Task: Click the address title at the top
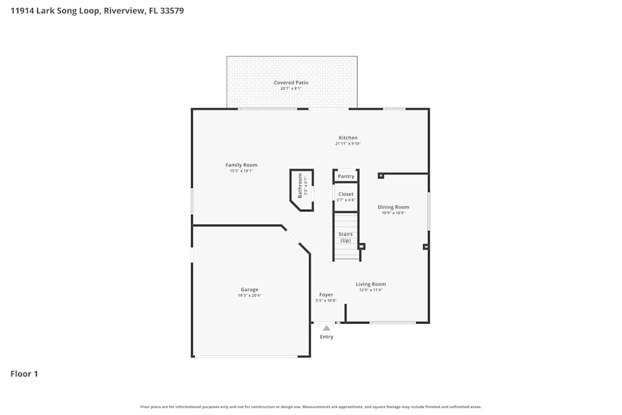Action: point(97,11)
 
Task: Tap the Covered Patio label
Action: point(291,83)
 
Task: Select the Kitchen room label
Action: point(348,138)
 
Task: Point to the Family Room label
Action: point(241,165)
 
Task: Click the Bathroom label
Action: point(300,186)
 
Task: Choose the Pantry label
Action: point(346,176)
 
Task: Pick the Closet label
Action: point(346,194)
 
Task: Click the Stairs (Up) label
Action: point(345,237)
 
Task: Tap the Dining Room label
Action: point(394,207)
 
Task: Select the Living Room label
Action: point(371,284)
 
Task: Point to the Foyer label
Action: point(326,295)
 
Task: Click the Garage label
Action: point(249,289)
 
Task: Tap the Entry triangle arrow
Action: point(327,328)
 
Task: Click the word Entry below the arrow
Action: point(327,337)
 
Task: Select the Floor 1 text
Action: point(24,374)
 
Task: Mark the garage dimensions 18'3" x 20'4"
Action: point(249,296)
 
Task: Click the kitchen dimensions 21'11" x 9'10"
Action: point(348,144)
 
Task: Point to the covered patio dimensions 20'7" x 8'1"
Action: point(291,88)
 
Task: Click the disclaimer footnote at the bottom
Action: point(311,407)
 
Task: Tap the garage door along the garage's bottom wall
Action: point(246,357)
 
